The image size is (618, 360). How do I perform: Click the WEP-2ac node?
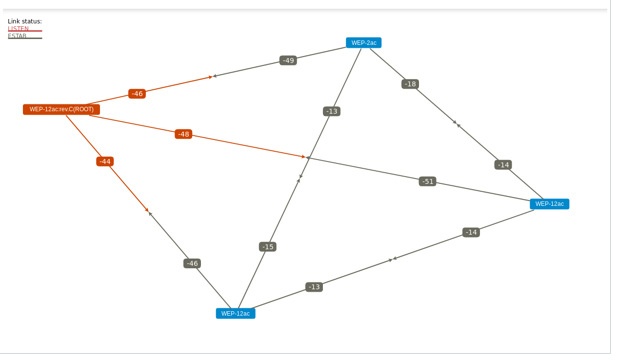click(363, 43)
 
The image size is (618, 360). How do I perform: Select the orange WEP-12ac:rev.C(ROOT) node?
click(61, 109)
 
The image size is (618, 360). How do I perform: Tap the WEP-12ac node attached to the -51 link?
click(549, 204)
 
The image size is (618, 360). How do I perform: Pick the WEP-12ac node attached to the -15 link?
click(236, 313)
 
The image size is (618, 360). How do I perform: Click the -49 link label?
click(288, 60)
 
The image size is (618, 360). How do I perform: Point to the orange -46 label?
click(137, 94)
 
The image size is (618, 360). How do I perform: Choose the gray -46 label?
click(192, 263)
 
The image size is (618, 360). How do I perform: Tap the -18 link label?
click(410, 84)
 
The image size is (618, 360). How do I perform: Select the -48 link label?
click(183, 134)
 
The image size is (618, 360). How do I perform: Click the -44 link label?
click(105, 161)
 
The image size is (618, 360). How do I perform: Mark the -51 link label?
click(428, 181)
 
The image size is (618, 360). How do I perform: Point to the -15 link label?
click(268, 247)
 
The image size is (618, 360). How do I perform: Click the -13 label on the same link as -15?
click(332, 111)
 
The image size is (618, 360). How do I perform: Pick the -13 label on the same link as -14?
click(314, 287)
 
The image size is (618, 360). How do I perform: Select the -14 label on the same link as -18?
click(503, 165)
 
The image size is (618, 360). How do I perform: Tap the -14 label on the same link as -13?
click(471, 232)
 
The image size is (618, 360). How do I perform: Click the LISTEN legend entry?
click(19, 29)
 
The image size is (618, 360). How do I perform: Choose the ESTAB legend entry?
click(18, 36)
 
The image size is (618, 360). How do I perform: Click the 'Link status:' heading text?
click(25, 21)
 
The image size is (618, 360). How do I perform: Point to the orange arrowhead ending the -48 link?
click(303, 157)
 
